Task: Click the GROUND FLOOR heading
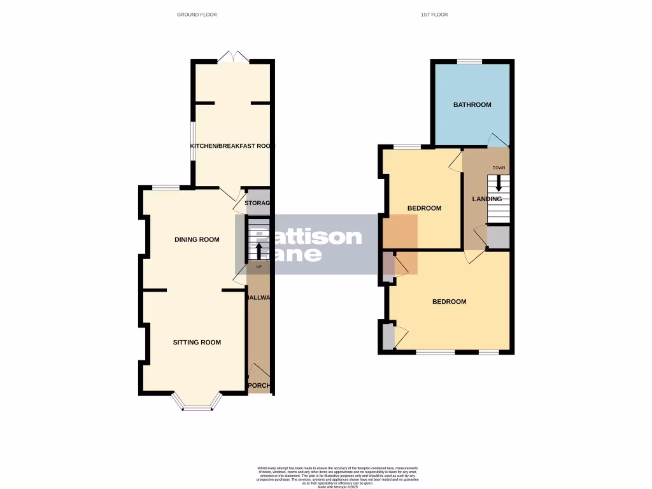197,14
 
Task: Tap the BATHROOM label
472,104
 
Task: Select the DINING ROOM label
197,240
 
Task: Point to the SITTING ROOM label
197,343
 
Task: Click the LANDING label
486,199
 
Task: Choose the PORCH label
259,386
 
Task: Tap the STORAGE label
259,203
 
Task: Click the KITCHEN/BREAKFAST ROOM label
230,146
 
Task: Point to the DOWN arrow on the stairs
499,183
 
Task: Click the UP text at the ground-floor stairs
259,266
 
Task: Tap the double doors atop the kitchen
233,57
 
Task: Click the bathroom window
469,61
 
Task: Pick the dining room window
166,187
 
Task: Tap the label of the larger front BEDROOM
449,302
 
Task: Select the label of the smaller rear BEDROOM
424,208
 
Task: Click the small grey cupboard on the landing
498,237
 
